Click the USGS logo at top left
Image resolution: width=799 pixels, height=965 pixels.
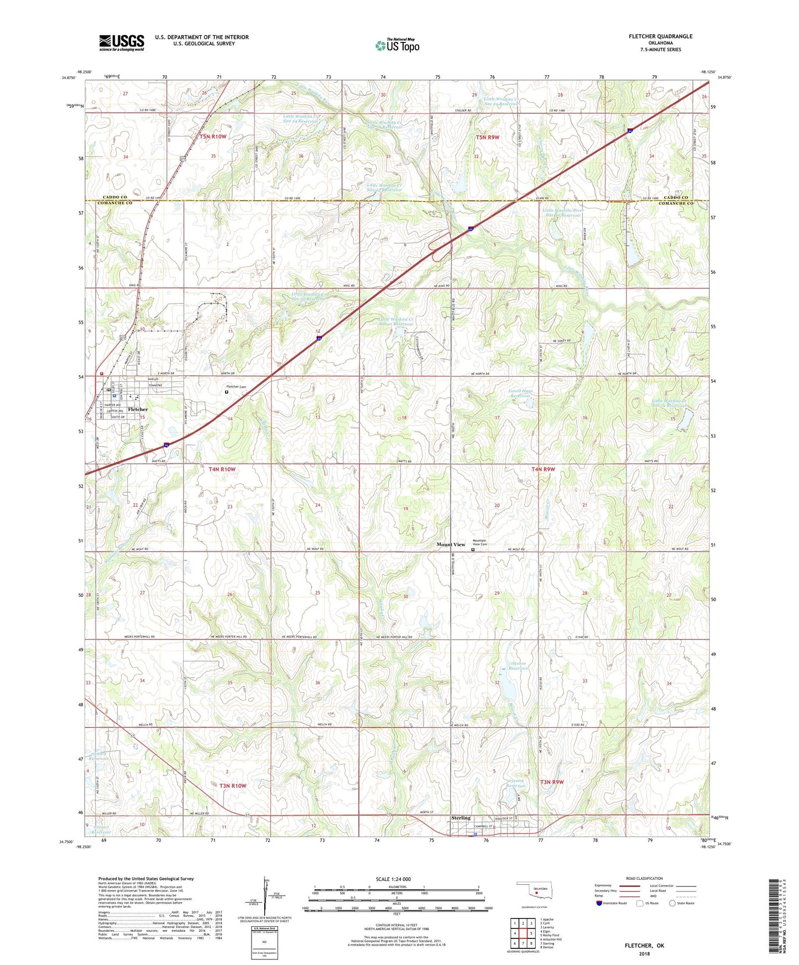[122, 42]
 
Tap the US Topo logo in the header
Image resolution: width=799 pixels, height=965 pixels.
[397, 45]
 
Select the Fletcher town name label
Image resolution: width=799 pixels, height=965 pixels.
[138, 410]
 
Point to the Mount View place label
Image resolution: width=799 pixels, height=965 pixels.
[451, 544]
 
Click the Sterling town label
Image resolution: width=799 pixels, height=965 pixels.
[461, 817]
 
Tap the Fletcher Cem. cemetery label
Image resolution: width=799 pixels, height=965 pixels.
[236, 386]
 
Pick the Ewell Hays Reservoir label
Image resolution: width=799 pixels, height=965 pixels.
[520, 394]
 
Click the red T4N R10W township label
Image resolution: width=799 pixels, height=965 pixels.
[222, 469]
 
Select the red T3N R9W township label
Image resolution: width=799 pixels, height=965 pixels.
[552, 782]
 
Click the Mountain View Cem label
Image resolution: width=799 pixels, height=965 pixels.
[480, 543]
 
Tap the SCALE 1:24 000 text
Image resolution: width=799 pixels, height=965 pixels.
[393, 879]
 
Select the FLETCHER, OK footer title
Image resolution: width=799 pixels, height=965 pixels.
[644, 946]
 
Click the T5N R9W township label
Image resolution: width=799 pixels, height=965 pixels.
[487, 137]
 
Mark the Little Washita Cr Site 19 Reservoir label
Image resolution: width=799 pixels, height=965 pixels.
[669, 403]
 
